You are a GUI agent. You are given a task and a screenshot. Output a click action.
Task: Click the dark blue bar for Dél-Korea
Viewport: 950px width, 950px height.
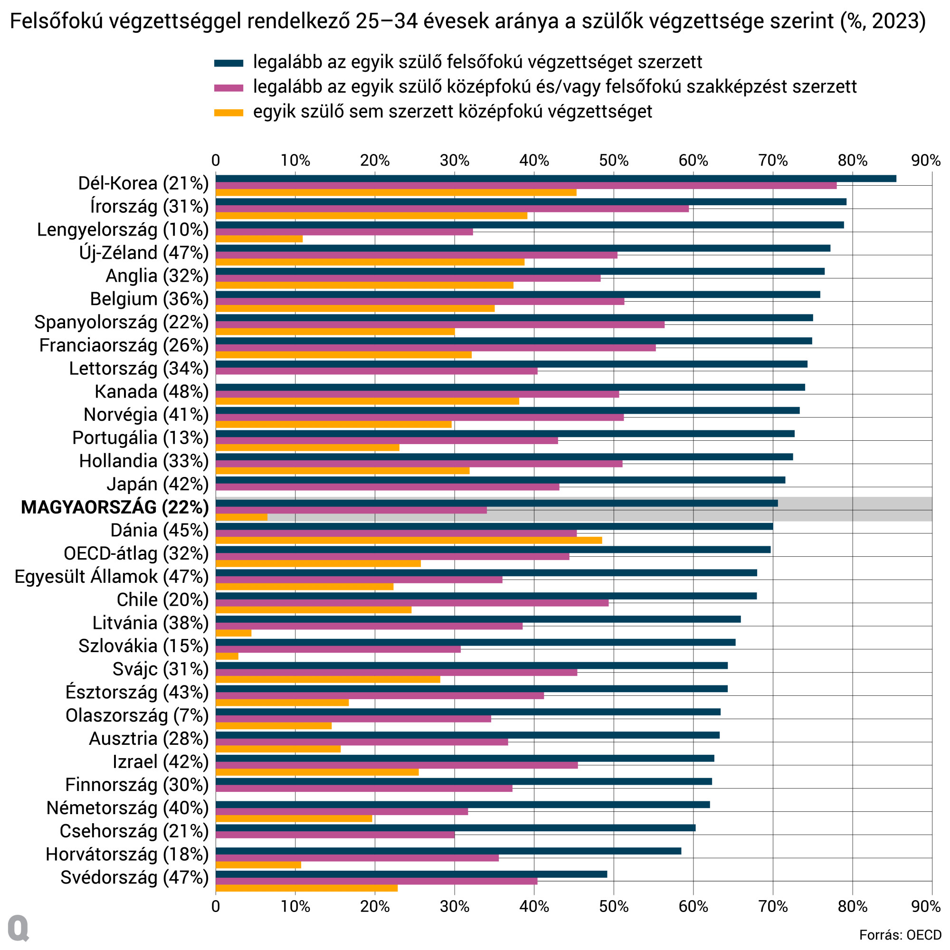[556, 179]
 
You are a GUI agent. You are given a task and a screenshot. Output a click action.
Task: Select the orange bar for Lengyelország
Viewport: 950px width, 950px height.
[259, 239]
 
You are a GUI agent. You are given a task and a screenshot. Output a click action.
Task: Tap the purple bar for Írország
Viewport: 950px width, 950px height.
[452, 209]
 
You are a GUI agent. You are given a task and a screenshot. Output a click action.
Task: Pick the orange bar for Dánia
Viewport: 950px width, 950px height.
[408, 540]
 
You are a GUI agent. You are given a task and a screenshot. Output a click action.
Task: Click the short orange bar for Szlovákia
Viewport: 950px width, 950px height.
[227, 656]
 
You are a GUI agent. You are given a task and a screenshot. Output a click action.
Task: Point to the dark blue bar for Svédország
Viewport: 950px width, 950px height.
[411, 874]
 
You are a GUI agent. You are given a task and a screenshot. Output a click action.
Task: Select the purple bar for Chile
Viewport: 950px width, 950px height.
[412, 603]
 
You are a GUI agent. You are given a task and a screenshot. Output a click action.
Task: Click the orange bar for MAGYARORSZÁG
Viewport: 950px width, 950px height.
[241, 517]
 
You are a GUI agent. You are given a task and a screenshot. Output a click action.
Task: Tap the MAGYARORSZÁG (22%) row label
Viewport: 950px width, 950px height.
[114, 507]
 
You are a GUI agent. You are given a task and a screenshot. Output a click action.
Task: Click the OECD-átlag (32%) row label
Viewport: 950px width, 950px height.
[136, 553]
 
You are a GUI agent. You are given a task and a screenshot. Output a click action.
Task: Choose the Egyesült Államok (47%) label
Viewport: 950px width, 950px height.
[112, 576]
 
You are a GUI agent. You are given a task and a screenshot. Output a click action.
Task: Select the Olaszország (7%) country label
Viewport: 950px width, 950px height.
[137, 715]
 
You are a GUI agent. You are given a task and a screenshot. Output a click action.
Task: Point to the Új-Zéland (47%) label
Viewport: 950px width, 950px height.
[143, 252]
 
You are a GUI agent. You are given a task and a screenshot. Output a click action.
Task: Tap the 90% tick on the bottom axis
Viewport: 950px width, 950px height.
[926, 906]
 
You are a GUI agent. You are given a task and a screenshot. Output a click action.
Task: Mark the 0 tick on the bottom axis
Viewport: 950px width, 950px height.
[215, 906]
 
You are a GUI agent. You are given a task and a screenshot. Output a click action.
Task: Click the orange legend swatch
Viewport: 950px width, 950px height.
[228, 113]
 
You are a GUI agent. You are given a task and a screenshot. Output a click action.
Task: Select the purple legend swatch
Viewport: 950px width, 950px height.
[228, 87]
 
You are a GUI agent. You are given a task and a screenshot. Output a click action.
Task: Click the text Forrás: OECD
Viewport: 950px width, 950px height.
[900, 935]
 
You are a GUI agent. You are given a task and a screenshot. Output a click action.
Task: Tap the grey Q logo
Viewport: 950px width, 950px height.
[19, 928]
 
